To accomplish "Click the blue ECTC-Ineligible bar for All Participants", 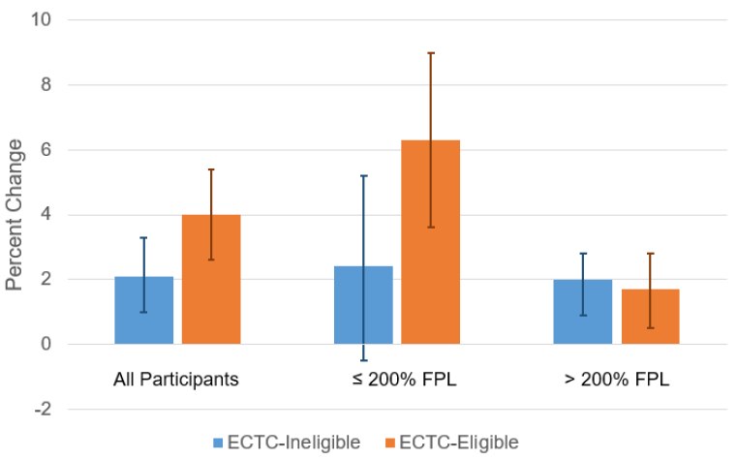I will pyautogui.click(x=143, y=310).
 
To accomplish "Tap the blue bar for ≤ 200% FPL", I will pyautogui.click(x=363, y=305).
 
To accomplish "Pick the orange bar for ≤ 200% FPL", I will pyautogui.click(x=431, y=242).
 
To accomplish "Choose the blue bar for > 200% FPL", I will pyautogui.click(x=583, y=312).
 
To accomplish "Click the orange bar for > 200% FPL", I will pyautogui.click(x=651, y=317).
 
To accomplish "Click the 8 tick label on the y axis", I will pyautogui.click(x=46, y=85).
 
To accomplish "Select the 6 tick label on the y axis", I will pyautogui.click(x=46, y=150).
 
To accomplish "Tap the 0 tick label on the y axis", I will pyautogui.click(x=46, y=345).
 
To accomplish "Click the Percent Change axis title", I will pyautogui.click(x=15, y=214).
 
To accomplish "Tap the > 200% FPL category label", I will pyautogui.click(x=616, y=379).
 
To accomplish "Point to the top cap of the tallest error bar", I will pyautogui.click(x=431, y=53).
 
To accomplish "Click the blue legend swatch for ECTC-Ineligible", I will pyautogui.click(x=218, y=443).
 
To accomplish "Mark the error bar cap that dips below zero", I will pyautogui.click(x=363, y=360).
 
